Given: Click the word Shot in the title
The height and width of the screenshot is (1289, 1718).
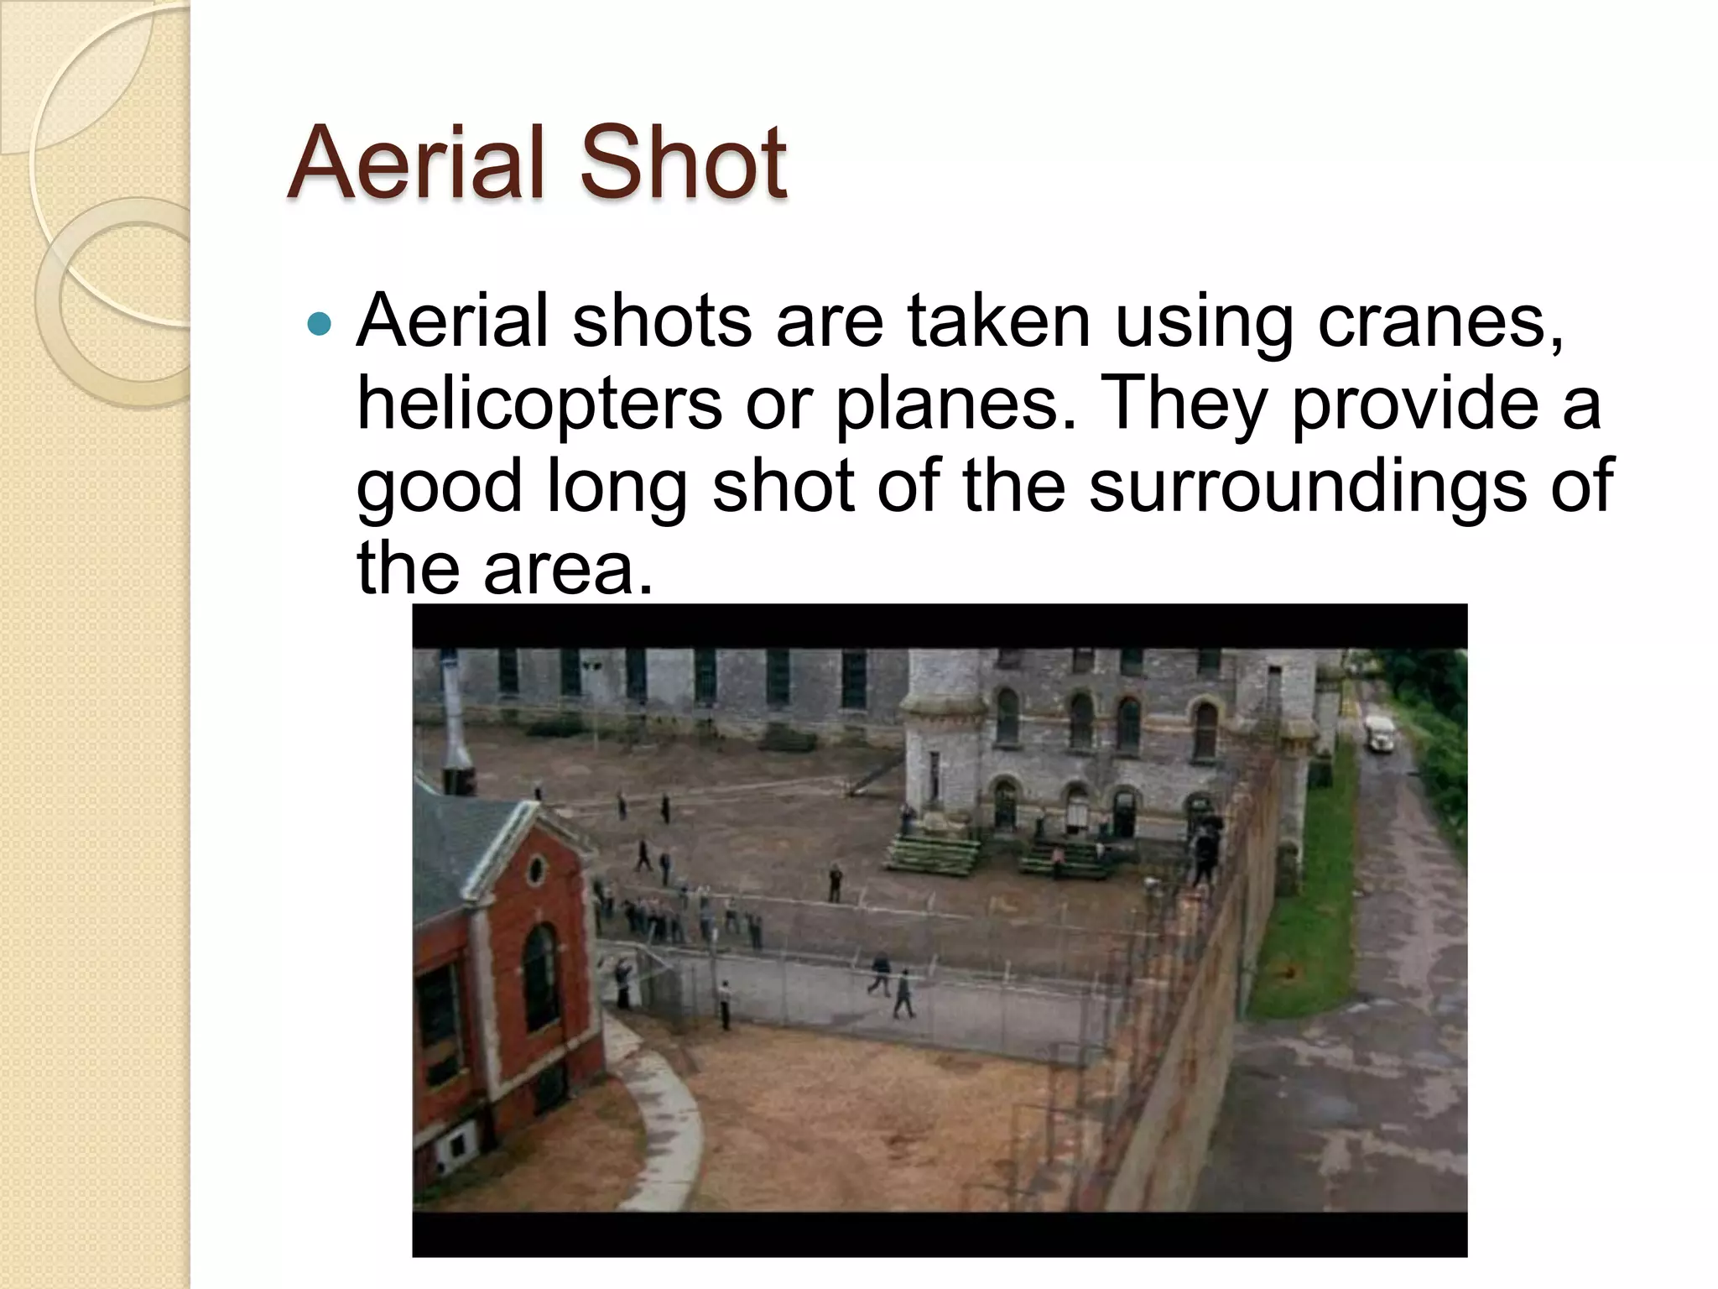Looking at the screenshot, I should [x=683, y=164].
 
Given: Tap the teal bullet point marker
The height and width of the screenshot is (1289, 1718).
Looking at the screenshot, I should [x=320, y=323].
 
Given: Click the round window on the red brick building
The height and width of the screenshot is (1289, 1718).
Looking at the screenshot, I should [x=535, y=869].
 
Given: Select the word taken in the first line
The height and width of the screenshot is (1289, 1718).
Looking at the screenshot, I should [x=998, y=323].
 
